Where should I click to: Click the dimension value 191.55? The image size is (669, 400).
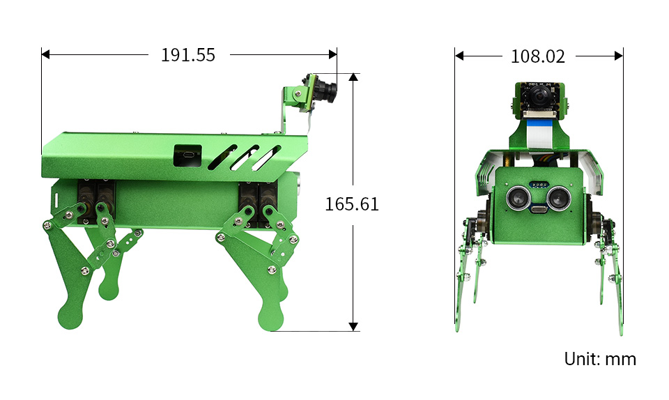pos(187,55)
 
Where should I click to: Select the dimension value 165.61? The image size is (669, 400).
pos(352,204)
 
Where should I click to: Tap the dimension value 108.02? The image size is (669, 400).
pos(537,56)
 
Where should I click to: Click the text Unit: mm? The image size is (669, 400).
pos(600,359)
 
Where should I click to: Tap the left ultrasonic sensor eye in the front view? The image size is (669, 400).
pos(518,197)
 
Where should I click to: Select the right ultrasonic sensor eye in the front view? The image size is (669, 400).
pos(558,198)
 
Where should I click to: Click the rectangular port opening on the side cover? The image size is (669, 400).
pos(187,155)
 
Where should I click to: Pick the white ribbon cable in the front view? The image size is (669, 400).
pos(539,136)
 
